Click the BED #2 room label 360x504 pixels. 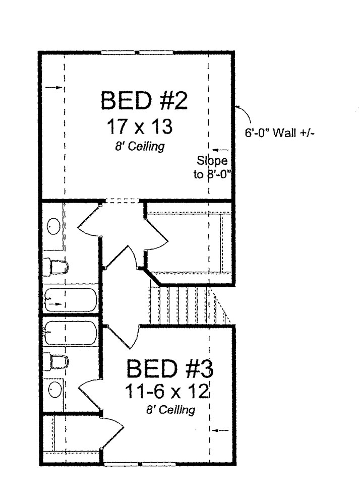point(144,101)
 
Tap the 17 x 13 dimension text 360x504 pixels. point(140,127)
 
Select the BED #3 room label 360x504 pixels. point(169,369)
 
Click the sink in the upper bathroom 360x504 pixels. point(53,227)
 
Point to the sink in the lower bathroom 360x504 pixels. point(54,389)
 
